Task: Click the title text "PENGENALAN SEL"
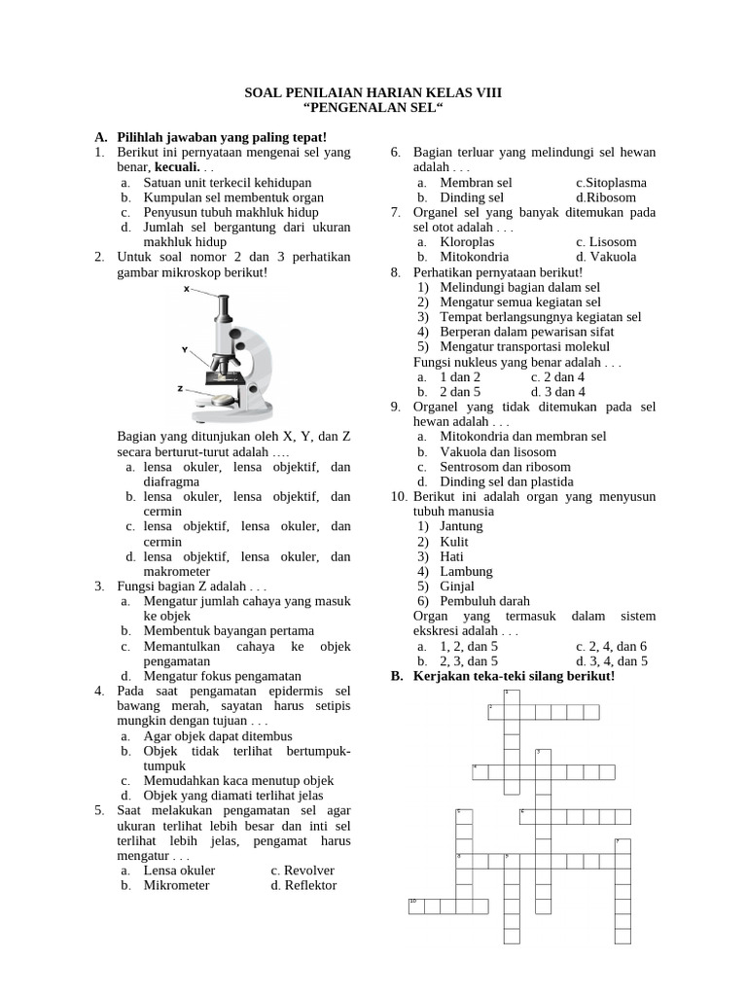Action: pos(373,109)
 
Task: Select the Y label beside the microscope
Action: pos(184,348)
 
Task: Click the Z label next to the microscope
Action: pos(180,388)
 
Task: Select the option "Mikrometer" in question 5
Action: pos(176,885)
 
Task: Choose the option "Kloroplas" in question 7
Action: pos(467,242)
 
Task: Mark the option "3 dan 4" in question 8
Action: pos(564,392)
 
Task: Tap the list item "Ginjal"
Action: pos(457,587)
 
